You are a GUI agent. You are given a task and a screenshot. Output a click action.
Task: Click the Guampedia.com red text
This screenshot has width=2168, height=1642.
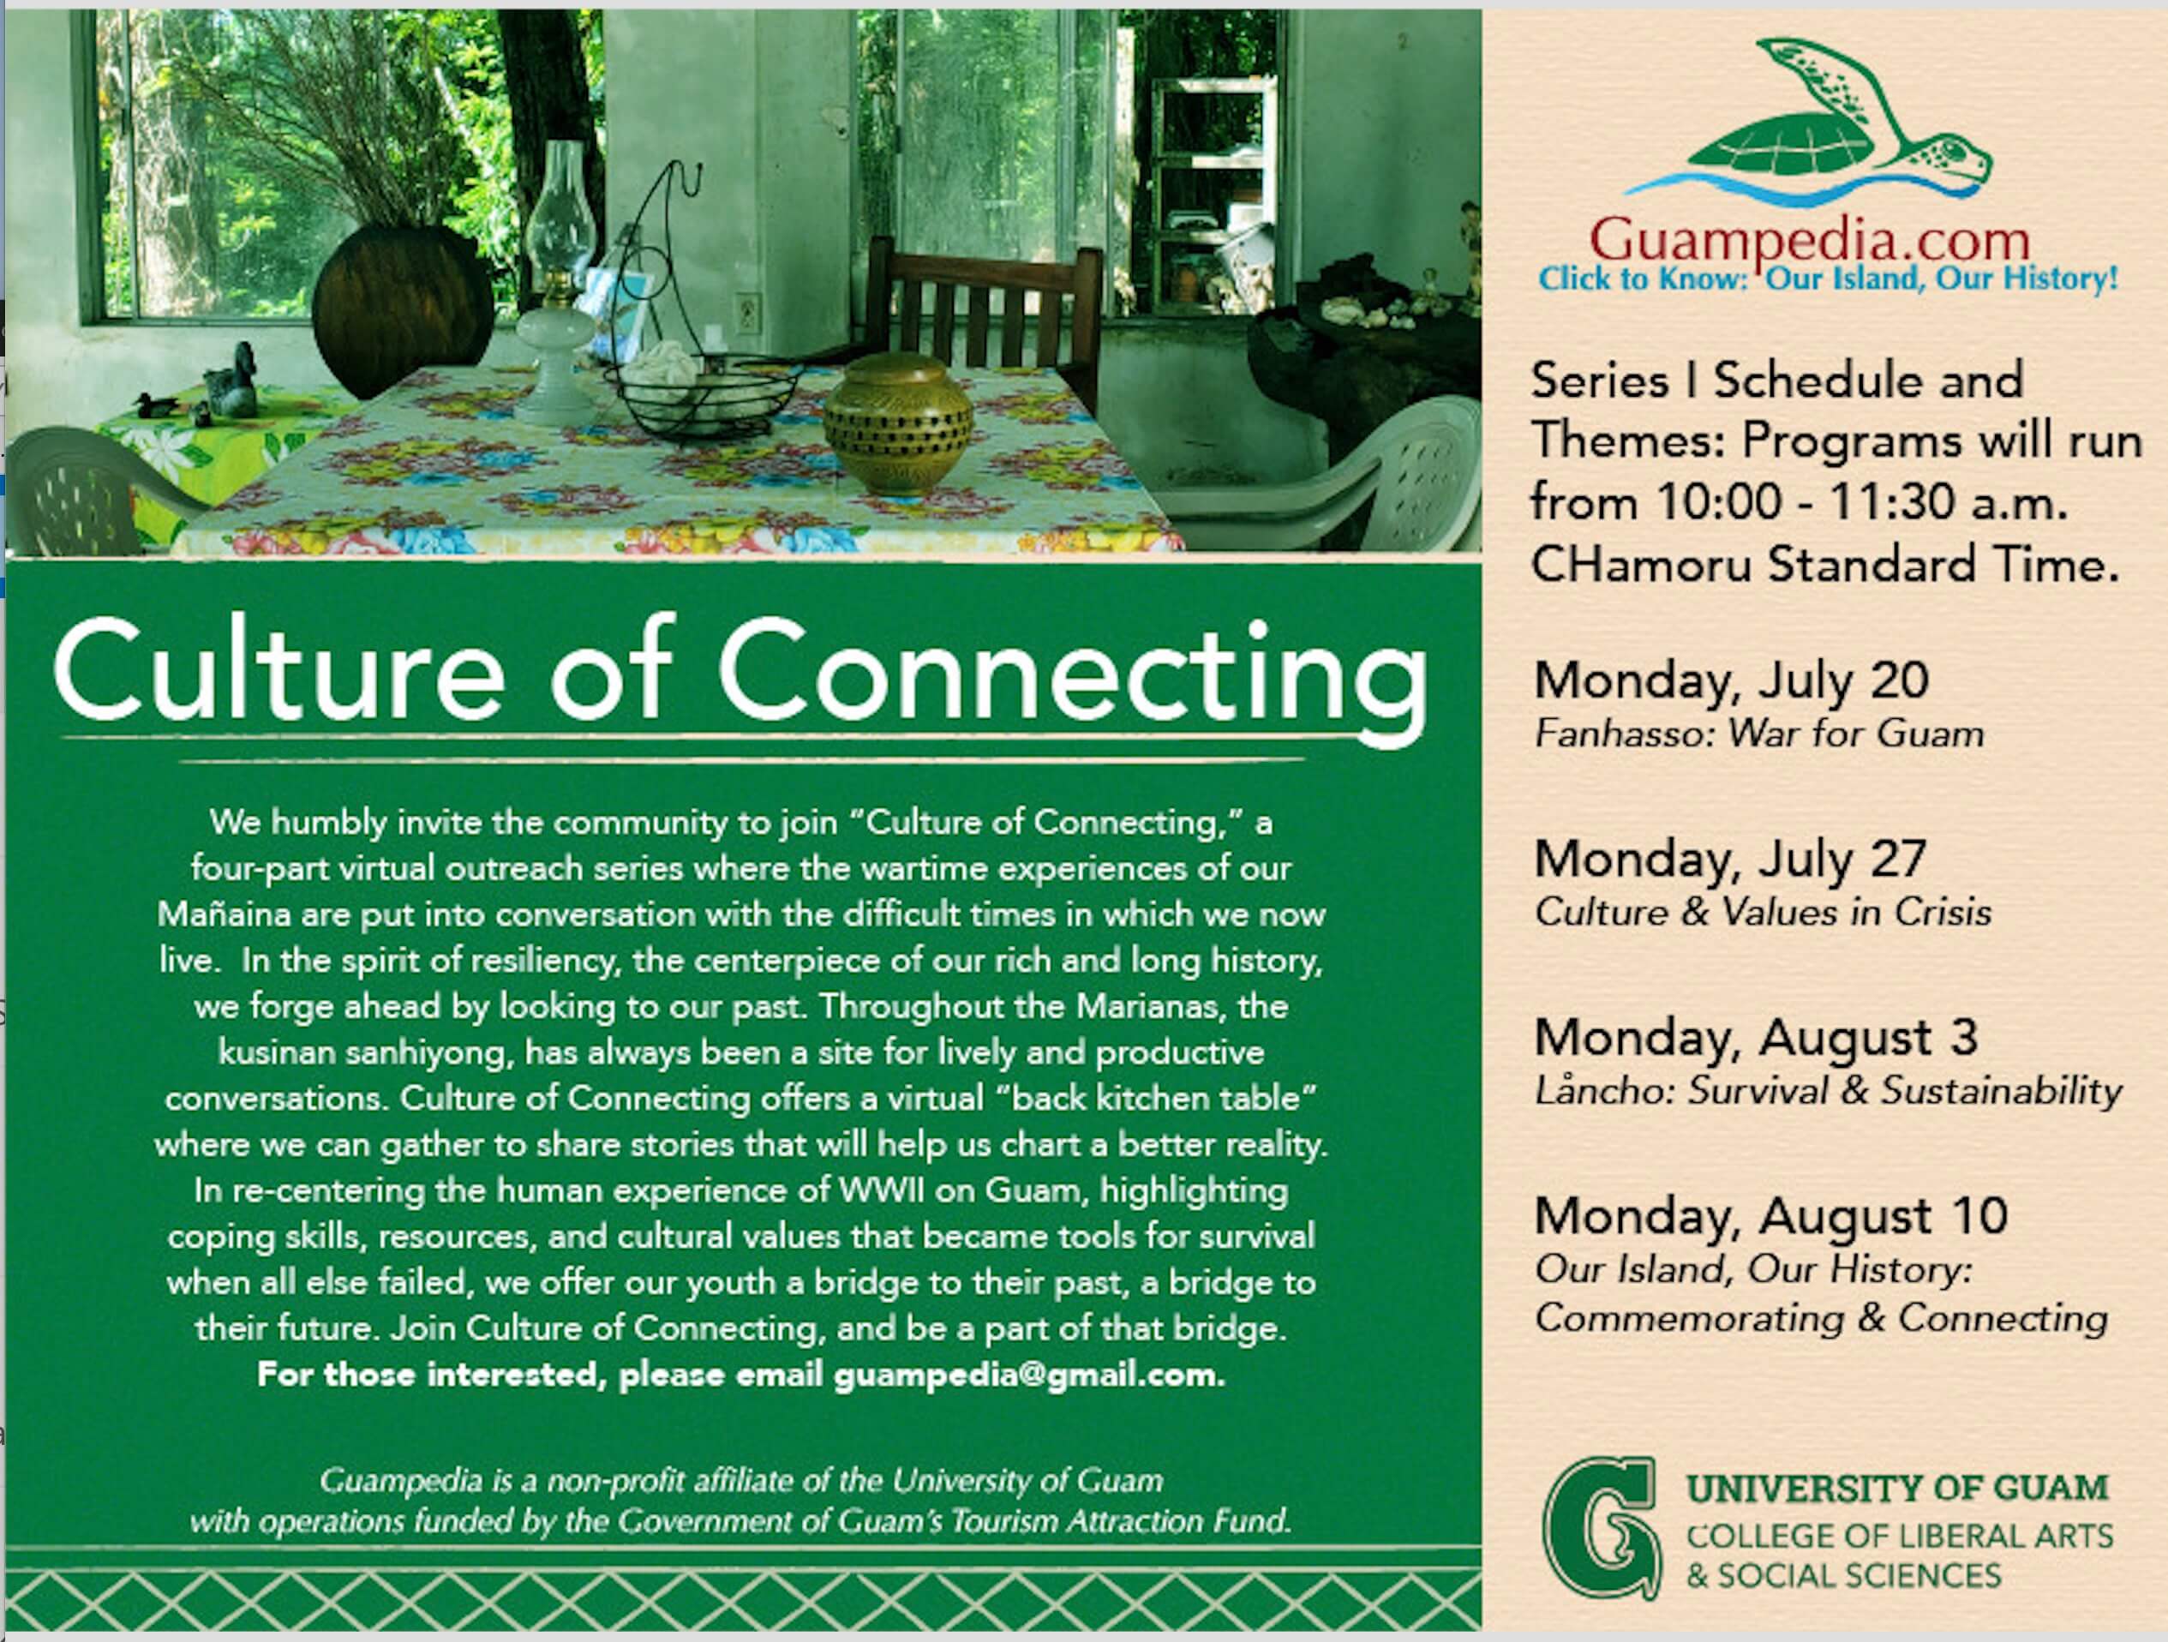[1809, 241]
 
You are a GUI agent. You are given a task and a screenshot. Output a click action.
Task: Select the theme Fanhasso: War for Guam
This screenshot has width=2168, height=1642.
[1759, 734]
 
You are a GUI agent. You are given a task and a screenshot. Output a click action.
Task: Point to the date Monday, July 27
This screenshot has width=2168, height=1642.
[1730, 860]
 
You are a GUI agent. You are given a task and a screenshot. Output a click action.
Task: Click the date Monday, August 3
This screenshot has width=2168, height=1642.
[1755, 1038]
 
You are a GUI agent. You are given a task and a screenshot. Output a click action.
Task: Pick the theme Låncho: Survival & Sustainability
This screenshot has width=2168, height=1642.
[1828, 1091]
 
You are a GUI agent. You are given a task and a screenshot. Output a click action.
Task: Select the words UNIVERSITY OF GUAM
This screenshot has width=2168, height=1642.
[1896, 1488]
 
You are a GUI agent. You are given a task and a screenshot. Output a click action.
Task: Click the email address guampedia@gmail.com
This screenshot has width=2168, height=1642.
[1029, 1375]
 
